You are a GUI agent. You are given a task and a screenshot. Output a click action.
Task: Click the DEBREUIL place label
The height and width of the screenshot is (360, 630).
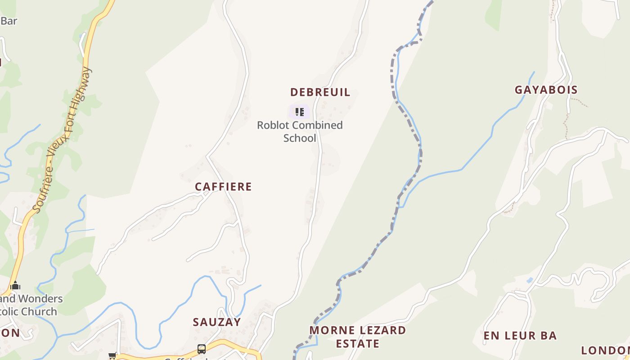click(x=320, y=92)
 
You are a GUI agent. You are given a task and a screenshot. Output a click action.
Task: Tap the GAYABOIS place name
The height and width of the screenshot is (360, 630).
click(x=546, y=90)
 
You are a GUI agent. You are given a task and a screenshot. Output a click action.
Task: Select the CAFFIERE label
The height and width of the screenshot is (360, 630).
click(x=223, y=186)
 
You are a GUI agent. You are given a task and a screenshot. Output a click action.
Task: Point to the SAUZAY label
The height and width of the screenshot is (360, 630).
click(x=217, y=322)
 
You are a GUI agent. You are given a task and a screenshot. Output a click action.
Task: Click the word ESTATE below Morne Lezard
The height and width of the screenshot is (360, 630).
click(x=358, y=343)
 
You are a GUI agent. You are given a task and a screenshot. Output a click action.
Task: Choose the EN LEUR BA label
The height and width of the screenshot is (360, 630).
click(x=520, y=336)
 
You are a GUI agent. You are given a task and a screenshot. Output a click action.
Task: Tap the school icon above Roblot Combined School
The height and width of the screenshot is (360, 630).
click(x=299, y=112)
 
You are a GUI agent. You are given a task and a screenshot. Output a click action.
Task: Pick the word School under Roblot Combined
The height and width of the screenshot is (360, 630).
click(x=300, y=138)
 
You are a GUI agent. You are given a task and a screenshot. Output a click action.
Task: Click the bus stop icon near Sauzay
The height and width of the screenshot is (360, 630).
click(x=202, y=349)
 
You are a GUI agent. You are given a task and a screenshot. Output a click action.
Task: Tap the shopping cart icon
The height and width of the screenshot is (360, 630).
click(x=112, y=356)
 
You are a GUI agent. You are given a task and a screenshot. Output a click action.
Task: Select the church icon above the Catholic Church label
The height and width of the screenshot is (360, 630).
click(x=15, y=285)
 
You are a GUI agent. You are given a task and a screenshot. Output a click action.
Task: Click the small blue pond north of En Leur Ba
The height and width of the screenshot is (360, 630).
click(x=530, y=280)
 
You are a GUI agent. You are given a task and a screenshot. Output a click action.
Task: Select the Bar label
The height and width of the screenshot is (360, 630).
click(x=9, y=21)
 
